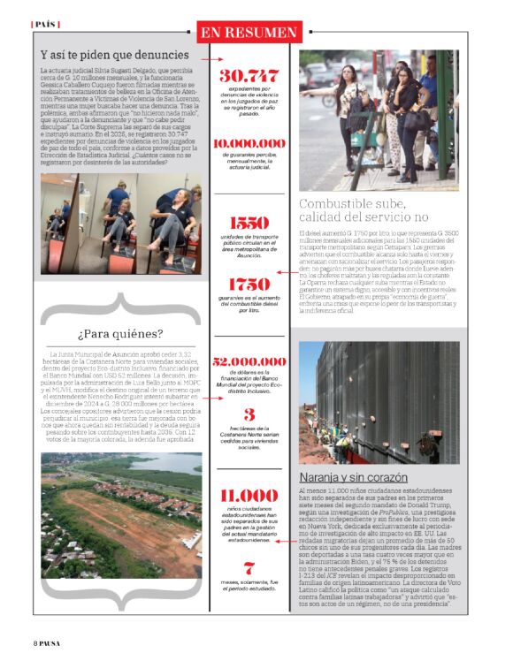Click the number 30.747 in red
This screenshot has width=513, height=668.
[249, 76]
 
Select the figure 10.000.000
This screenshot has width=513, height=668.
[249, 142]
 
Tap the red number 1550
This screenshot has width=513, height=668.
[249, 224]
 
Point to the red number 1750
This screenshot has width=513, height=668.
[249, 285]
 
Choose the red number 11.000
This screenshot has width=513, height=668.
[249, 496]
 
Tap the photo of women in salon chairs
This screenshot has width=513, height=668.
[120, 223]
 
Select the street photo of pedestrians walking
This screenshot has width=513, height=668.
[378, 120]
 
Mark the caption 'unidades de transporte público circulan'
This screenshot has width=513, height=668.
[249, 248]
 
